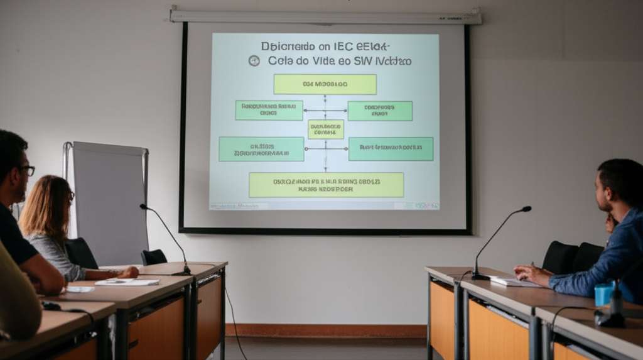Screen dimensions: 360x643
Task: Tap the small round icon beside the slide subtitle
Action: (x=254, y=60)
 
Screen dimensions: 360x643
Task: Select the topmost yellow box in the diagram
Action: (x=325, y=84)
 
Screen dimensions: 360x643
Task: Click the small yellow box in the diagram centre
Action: (x=325, y=129)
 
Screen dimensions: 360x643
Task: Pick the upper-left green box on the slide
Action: (x=269, y=110)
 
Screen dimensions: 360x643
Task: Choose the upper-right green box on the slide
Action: (x=380, y=111)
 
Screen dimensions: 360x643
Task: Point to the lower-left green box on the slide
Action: (x=261, y=149)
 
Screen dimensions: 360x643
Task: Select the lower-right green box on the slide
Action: (x=391, y=148)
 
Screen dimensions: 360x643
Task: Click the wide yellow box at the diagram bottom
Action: (x=326, y=185)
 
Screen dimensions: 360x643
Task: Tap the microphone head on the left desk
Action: (x=143, y=206)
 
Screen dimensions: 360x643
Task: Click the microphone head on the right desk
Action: (x=526, y=209)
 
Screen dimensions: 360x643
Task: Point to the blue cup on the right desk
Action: (x=603, y=294)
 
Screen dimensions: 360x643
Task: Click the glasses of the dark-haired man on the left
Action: (x=28, y=170)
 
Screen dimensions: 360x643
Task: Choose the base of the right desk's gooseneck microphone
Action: (x=480, y=276)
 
